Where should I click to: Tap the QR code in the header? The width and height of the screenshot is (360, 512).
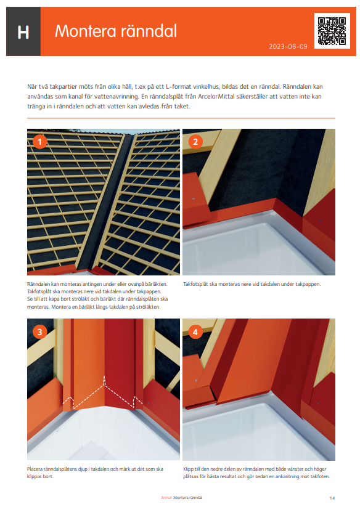(x=332, y=30)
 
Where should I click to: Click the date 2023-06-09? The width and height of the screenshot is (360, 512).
(x=288, y=47)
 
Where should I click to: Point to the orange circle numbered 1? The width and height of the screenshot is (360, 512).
(x=39, y=142)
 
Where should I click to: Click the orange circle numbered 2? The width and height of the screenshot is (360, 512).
(x=195, y=142)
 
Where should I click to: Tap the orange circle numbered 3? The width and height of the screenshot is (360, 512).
(x=39, y=331)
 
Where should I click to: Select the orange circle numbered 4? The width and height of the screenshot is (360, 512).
(x=195, y=331)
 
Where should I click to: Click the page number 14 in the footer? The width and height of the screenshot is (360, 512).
(x=332, y=497)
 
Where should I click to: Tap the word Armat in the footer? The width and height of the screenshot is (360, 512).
(x=165, y=497)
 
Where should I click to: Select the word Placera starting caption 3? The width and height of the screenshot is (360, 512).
(x=37, y=469)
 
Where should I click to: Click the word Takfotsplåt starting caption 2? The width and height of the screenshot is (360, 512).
(x=197, y=284)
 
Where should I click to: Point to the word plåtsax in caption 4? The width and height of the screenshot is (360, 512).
(x=191, y=476)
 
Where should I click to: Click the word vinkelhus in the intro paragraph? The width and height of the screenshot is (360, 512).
(x=211, y=87)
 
